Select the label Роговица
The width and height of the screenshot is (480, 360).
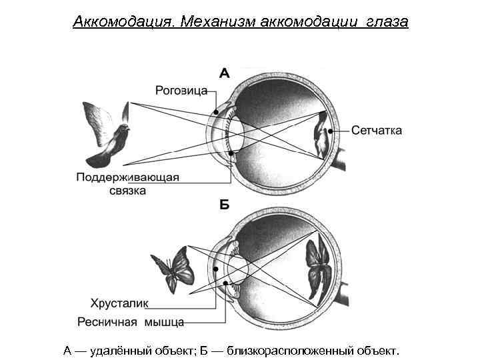tap(181, 89)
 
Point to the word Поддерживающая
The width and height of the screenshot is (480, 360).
tap(127, 177)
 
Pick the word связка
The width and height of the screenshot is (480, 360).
tap(127, 191)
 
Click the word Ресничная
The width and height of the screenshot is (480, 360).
tap(106, 323)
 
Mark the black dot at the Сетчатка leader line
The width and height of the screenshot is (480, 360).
tap(330, 131)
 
